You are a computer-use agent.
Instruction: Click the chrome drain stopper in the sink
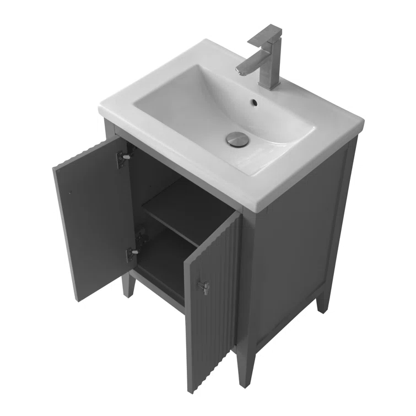tap(237, 139)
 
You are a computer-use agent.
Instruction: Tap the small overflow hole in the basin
tap(255, 102)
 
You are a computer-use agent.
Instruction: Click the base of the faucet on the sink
tap(271, 83)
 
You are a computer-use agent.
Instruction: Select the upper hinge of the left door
tap(124, 158)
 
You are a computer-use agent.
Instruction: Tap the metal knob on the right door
tap(204, 287)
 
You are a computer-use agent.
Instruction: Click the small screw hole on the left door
tap(70, 192)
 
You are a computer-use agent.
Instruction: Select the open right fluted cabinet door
tap(212, 298)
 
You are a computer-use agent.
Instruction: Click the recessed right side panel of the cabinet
tap(298, 248)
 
